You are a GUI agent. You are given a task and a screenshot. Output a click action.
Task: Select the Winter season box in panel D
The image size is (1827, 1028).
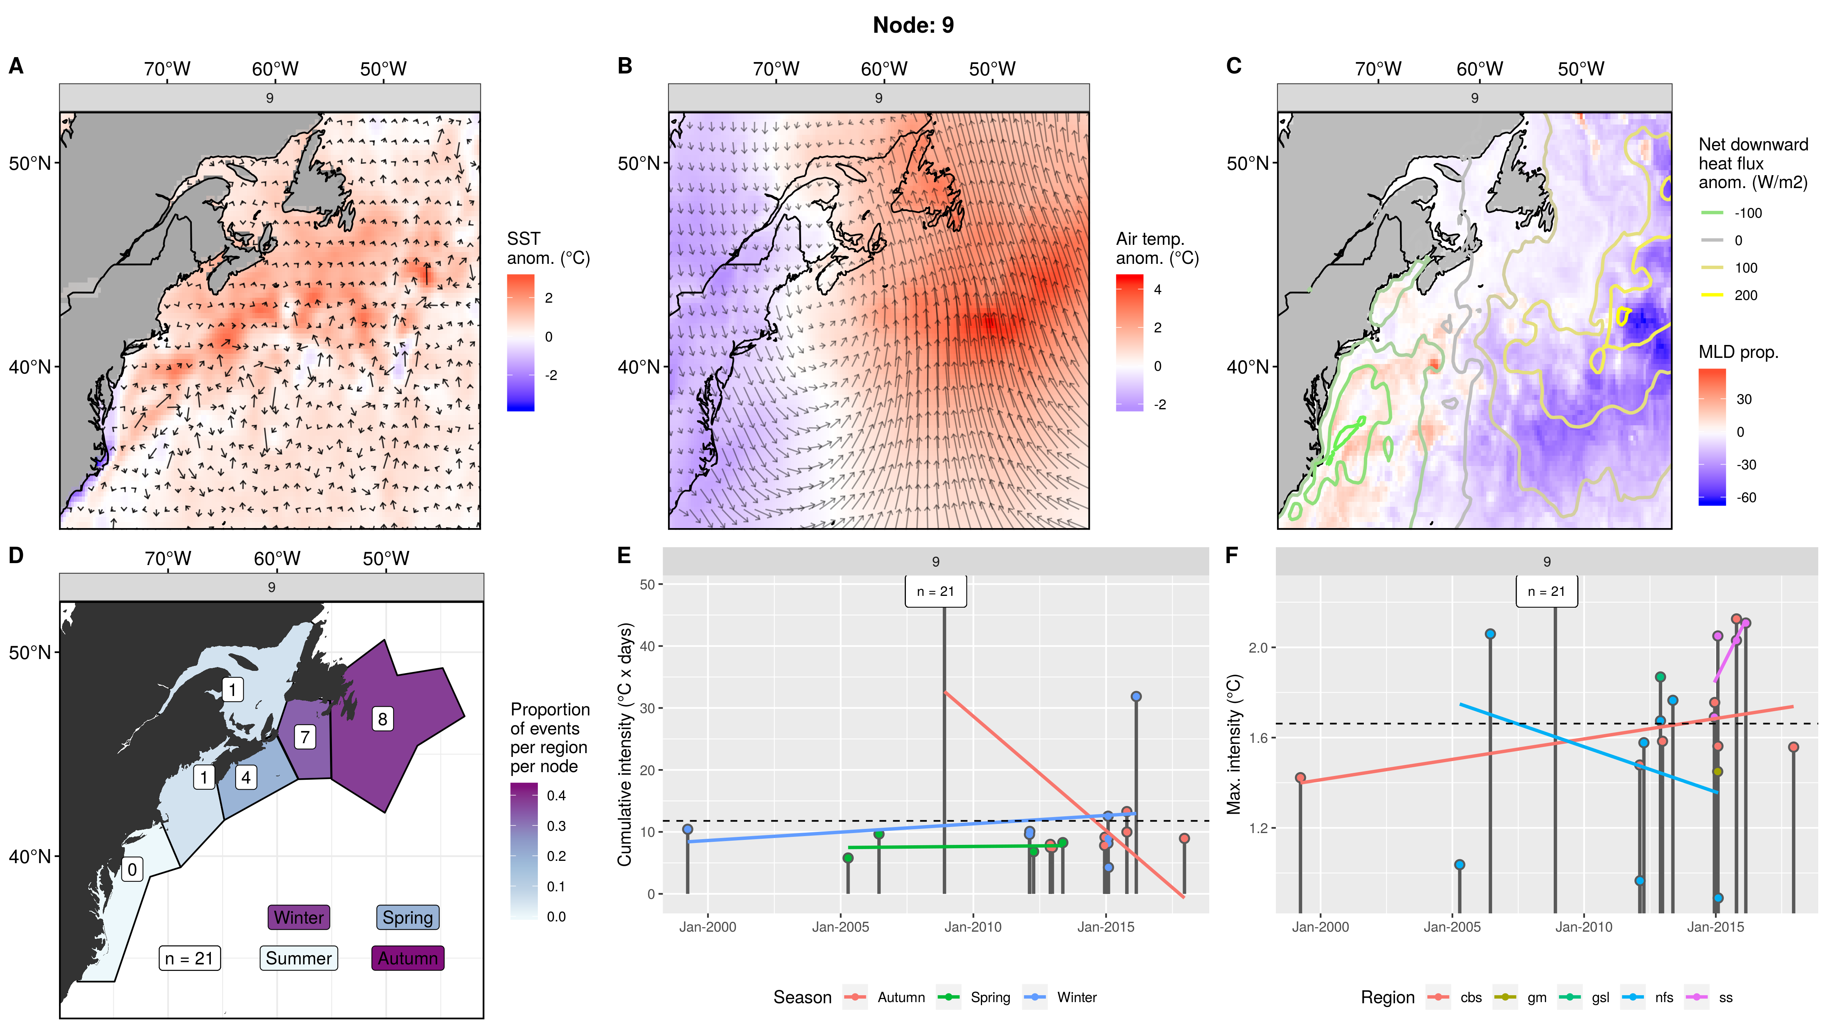[x=298, y=917]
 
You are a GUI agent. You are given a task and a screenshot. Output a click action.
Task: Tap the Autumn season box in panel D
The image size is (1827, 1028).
[x=408, y=958]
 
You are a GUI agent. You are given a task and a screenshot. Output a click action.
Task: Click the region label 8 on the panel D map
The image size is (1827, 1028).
[x=382, y=719]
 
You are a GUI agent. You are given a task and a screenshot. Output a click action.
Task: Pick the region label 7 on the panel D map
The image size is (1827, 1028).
[x=305, y=737]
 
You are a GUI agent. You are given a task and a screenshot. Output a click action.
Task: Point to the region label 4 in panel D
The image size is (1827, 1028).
[x=246, y=777]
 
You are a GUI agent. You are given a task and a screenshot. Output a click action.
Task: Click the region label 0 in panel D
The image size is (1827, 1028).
[x=132, y=869]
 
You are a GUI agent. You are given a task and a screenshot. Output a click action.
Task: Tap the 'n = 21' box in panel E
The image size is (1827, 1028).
[x=936, y=592]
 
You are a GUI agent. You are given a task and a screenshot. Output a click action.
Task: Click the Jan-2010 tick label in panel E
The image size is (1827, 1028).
[x=973, y=927]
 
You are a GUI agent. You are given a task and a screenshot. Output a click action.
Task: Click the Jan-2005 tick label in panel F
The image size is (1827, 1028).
[x=1452, y=927]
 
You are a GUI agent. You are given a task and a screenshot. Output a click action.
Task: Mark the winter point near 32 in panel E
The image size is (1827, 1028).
[x=1136, y=697]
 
